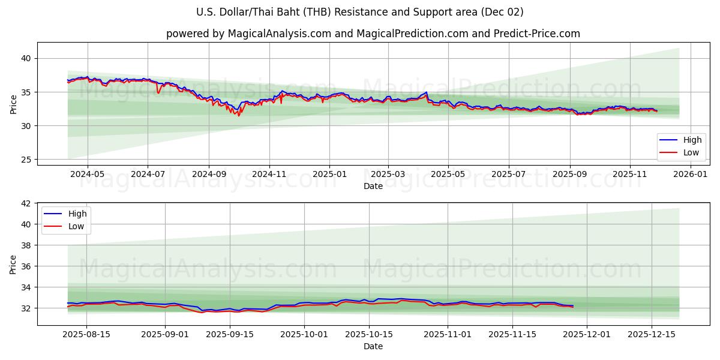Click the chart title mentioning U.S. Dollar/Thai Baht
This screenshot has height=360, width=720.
pyautogui.click(x=360, y=12)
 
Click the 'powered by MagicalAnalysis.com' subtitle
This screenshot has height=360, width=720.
pyautogui.click(x=373, y=34)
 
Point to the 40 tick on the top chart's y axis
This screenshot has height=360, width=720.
pyautogui.click(x=26, y=58)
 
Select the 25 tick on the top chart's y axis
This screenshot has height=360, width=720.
pyautogui.click(x=26, y=160)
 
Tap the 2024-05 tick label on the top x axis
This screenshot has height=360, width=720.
pyautogui.click(x=88, y=174)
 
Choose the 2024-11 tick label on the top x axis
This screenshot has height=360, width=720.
pyautogui.click(x=269, y=174)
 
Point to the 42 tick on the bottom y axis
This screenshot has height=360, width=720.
pyautogui.click(x=26, y=203)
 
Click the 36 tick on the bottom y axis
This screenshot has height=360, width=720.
pyautogui.click(x=26, y=266)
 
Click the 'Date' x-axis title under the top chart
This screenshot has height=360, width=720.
pyautogui.click(x=373, y=186)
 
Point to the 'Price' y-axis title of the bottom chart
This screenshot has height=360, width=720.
pyautogui.click(x=13, y=264)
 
